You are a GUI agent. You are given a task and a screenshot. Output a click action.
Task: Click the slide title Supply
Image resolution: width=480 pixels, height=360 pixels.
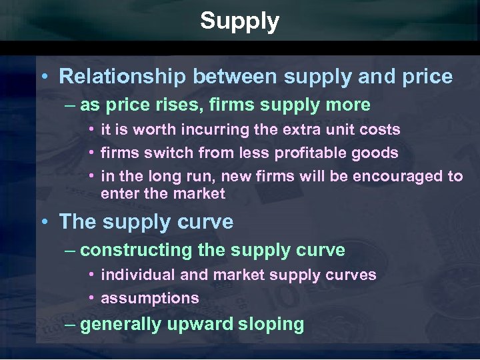pyautogui.click(x=239, y=22)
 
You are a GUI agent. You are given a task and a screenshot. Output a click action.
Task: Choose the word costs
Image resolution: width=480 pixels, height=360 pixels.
pyautogui.click(x=379, y=129)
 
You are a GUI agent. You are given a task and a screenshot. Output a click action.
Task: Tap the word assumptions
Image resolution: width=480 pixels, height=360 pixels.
pyautogui.click(x=149, y=298)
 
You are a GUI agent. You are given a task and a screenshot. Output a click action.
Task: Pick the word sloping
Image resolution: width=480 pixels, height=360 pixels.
pyautogui.click(x=271, y=325)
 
